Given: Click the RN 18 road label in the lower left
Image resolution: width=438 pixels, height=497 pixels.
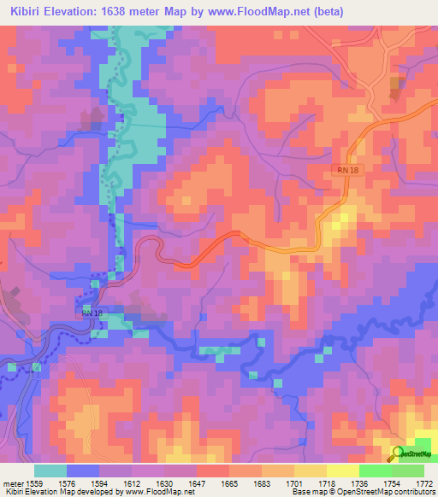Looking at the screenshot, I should [93, 314].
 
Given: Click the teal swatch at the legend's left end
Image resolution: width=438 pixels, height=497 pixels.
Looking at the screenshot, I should [50, 471].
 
